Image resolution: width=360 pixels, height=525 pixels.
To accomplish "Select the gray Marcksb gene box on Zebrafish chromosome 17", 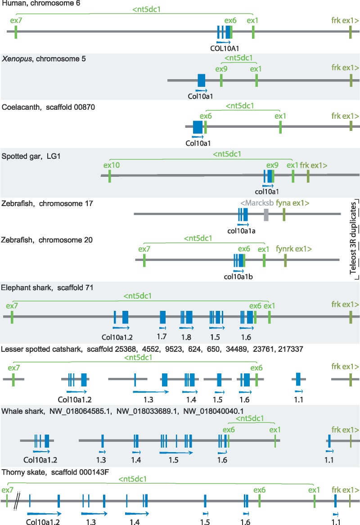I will pos(266,215).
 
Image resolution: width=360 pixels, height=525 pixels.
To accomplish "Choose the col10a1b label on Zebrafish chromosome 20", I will pos(239,276).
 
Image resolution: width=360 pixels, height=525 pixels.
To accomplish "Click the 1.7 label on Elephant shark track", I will pos(162,337).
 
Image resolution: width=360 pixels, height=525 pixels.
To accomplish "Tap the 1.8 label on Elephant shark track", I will pos(186,337).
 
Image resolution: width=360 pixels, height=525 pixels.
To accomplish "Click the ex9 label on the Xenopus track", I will pos(221,69).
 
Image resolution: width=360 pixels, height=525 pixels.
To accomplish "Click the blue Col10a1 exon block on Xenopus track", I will pos(202,80).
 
